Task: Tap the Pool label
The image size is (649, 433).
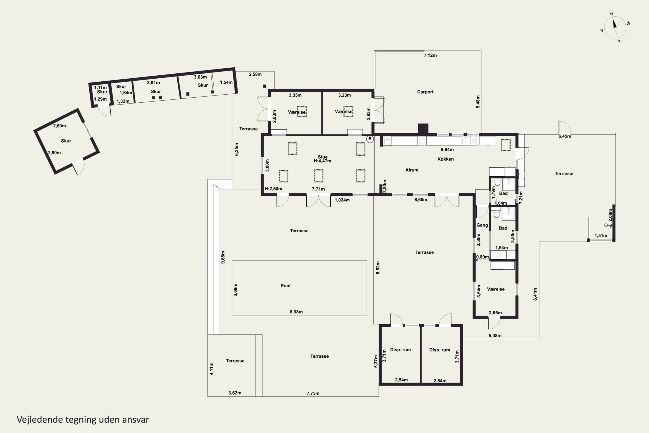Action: click(x=285, y=286)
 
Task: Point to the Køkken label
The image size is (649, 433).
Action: click(x=445, y=159)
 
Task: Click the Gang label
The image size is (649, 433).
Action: click(x=482, y=225)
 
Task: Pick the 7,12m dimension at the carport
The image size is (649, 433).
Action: click(x=430, y=55)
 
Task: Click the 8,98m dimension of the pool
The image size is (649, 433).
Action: click(x=296, y=312)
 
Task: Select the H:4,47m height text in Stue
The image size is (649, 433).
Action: click(x=322, y=161)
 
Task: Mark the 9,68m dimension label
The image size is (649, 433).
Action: click(x=223, y=257)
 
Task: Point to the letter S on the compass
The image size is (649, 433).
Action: click(x=619, y=41)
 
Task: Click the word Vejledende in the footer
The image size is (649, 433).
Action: click(x=40, y=420)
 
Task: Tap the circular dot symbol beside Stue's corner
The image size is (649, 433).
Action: click(x=370, y=139)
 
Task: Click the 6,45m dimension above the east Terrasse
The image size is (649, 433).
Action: click(x=565, y=136)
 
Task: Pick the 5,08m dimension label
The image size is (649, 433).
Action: click(x=495, y=336)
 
